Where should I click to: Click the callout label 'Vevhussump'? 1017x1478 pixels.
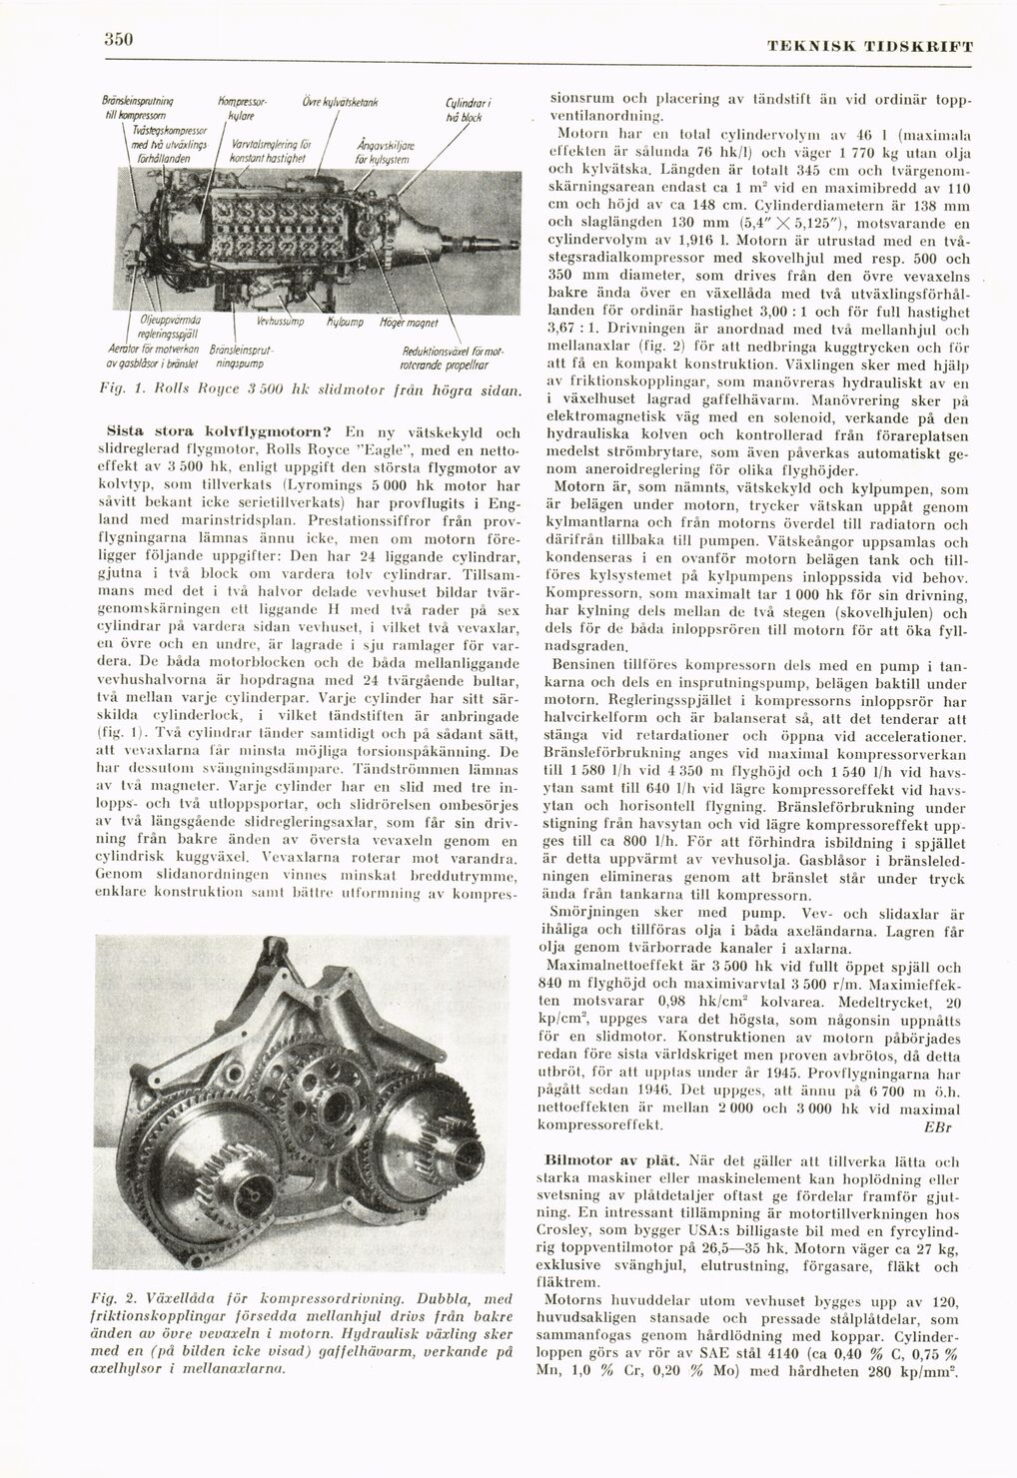point(279,322)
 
